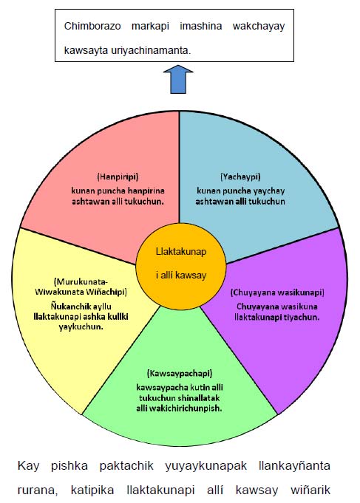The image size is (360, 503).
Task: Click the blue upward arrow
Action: point(178,80)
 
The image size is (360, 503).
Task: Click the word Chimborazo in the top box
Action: point(92,26)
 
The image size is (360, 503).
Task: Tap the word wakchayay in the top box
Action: point(259,27)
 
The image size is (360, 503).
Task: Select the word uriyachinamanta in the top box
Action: point(151,50)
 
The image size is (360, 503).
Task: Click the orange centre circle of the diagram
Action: point(181,264)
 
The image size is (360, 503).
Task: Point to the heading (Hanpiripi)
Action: point(118,177)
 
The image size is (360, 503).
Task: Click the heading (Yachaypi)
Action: point(240,177)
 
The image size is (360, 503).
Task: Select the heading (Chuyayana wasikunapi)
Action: point(277,292)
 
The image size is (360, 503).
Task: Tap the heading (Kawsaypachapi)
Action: point(180,374)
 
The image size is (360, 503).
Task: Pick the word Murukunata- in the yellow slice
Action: point(81,282)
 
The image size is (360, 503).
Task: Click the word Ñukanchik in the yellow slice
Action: point(67,306)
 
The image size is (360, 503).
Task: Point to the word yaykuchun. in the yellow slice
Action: point(81,327)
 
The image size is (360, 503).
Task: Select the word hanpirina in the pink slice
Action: point(146,191)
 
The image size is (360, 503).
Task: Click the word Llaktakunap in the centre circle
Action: point(181,252)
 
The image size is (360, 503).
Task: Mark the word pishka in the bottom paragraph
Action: point(69,465)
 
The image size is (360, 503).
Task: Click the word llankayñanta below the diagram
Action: point(294,466)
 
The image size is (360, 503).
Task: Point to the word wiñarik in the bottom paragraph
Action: point(310,490)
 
